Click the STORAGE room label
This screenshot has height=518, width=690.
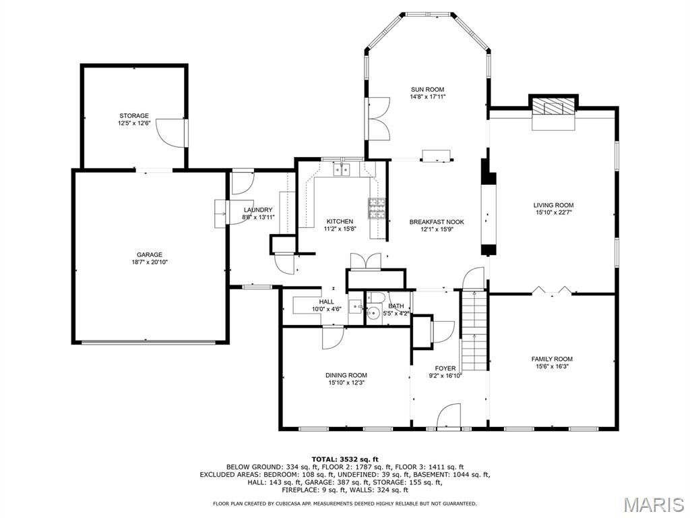[x=134, y=116]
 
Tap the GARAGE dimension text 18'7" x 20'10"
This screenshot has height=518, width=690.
[x=150, y=262]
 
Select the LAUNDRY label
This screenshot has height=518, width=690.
[x=258, y=210]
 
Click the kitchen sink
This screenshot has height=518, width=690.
[x=342, y=169]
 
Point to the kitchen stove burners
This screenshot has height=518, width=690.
[x=376, y=208]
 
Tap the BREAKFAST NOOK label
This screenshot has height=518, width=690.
[x=437, y=222]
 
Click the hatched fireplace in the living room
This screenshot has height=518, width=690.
[x=553, y=107]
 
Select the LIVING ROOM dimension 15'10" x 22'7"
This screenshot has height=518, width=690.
[x=554, y=212]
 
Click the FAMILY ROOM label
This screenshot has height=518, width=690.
[x=552, y=359]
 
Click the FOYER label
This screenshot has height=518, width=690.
[x=445, y=368]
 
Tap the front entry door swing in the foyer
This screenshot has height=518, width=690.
[x=449, y=415]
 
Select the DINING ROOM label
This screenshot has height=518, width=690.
[x=346, y=375]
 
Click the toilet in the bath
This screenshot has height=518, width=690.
[x=375, y=297]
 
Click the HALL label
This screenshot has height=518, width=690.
[x=327, y=301]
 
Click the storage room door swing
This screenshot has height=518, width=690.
[x=172, y=133]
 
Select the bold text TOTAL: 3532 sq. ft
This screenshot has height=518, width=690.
[x=345, y=459]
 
